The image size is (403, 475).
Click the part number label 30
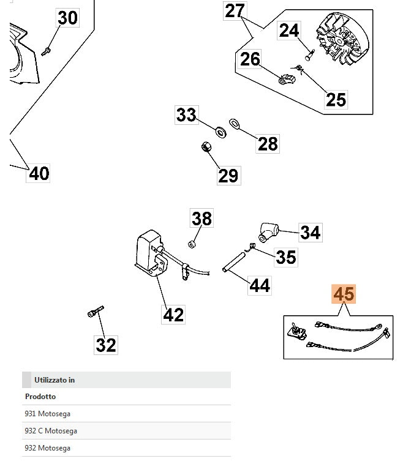67,18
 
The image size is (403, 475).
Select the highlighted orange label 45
344,294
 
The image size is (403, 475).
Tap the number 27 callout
235,10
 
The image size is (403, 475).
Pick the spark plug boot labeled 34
268,232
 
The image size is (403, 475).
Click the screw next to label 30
46,51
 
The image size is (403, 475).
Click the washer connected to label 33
219,130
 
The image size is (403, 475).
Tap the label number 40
39,173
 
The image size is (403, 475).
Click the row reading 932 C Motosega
51,430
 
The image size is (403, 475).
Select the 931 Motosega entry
47,413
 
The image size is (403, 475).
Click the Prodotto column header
40,396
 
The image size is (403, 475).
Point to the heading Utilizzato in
55,380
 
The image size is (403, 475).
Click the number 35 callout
285,256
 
